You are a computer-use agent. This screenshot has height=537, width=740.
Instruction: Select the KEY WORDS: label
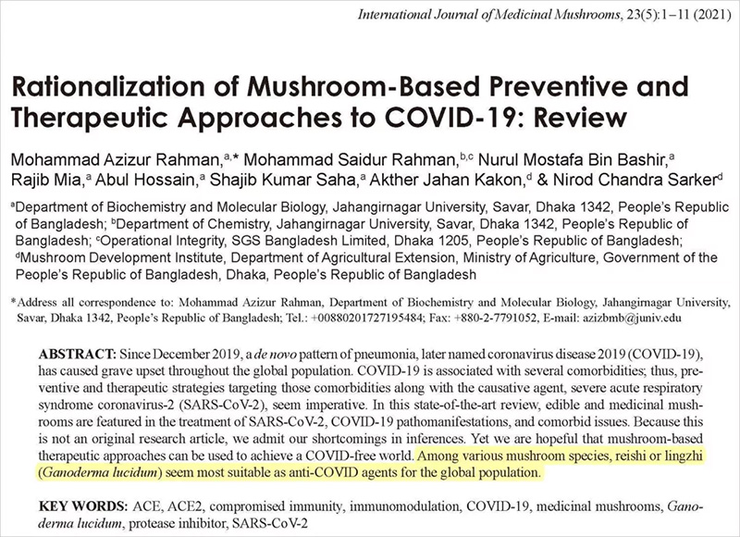click(80, 506)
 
